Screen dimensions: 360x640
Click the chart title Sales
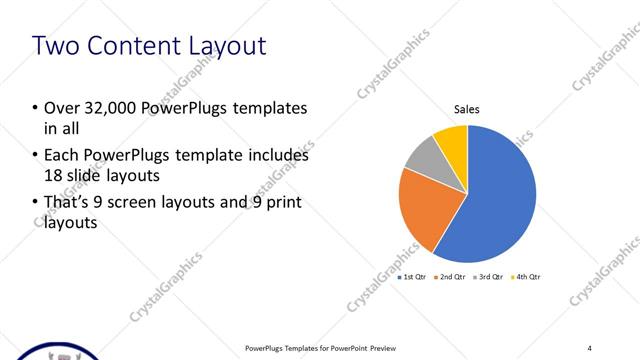click(468, 109)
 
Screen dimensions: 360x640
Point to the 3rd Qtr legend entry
click(490, 277)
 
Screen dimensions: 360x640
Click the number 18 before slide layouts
click(54, 176)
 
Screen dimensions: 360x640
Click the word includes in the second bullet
click(279, 156)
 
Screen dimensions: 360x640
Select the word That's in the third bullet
click(67, 203)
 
